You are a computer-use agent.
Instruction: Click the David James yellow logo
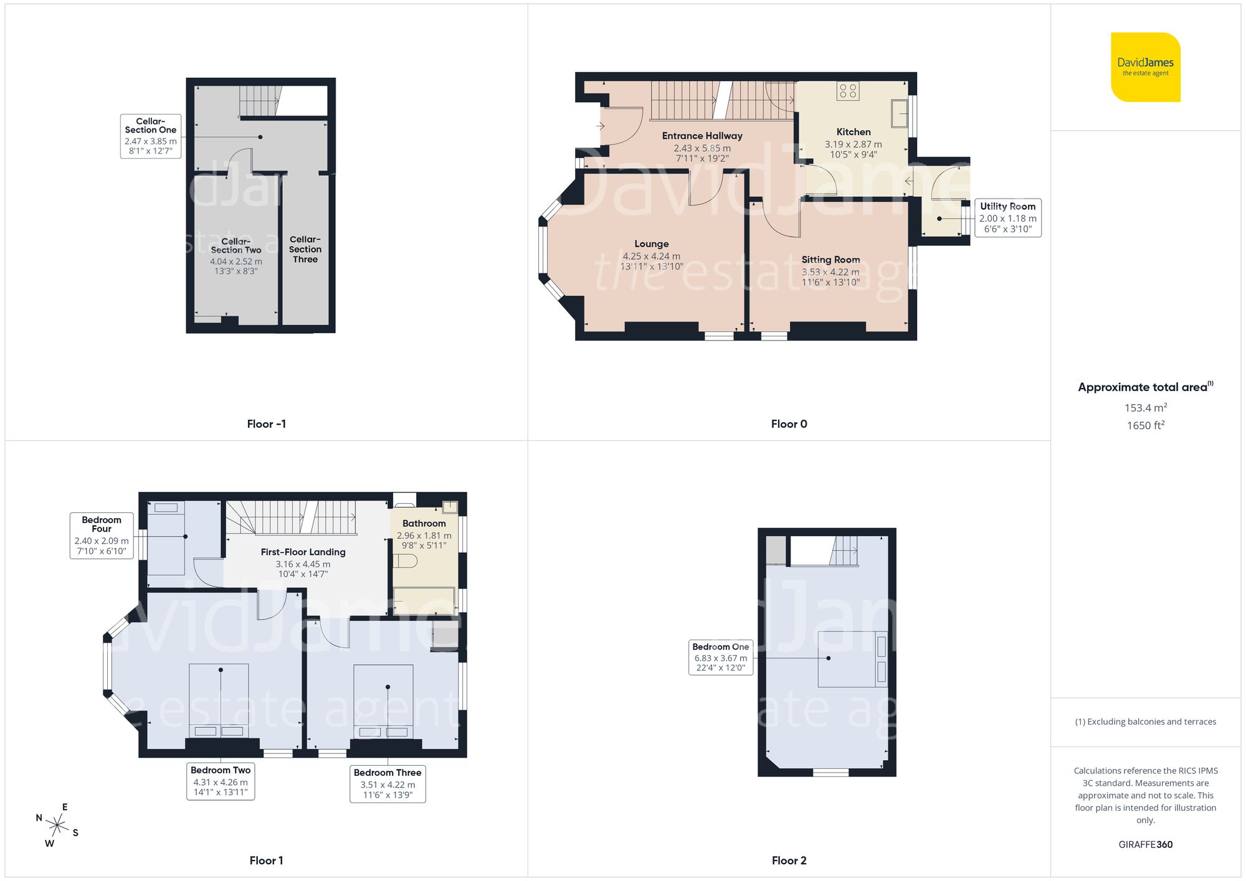point(1145,67)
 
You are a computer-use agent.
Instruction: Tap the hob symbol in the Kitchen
point(848,91)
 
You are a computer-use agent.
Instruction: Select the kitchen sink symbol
point(899,114)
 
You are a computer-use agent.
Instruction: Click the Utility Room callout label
point(1007,217)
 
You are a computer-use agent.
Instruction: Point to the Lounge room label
point(652,244)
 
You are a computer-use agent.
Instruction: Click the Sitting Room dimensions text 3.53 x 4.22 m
point(830,272)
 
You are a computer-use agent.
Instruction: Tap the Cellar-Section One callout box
point(151,136)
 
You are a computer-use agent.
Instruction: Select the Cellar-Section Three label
point(305,249)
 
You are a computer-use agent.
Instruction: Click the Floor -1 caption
point(266,424)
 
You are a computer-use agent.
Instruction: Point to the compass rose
point(57,826)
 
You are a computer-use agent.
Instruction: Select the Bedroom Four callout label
point(102,535)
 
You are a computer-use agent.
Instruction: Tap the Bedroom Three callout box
point(388,784)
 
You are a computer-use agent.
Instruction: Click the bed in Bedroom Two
point(219,700)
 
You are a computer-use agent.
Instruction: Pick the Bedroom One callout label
point(721,657)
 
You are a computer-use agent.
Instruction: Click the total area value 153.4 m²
point(1145,408)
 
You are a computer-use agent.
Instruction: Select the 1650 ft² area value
point(1145,425)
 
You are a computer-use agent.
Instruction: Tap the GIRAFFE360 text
point(1145,844)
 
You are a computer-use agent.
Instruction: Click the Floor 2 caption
point(789,860)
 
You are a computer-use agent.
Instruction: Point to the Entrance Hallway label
point(702,136)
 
